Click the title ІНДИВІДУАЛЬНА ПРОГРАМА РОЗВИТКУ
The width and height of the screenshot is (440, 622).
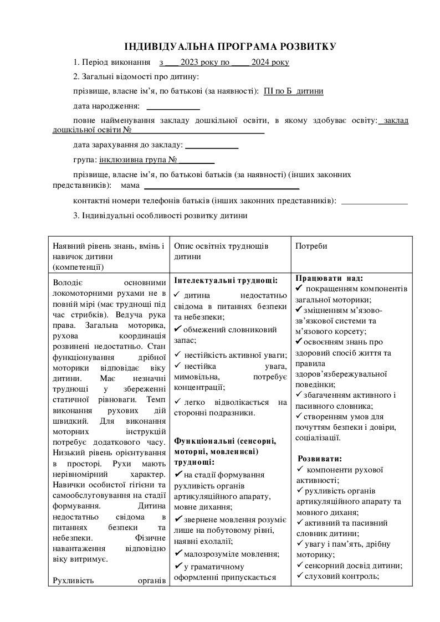pyautogui.click(x=230, y=47)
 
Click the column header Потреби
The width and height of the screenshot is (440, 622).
pyautogui.click(x=311, y=246)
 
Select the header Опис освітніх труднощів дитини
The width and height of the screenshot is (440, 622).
pyautogui.click(x=221, y=251)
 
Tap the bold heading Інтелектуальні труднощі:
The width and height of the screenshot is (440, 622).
pyautogui.click(x=226, y=281)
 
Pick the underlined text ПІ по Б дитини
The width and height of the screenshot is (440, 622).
pyautogui.click(x=294, y=91)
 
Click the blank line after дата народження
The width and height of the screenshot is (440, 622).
pyautogui.click(x=172, y=106)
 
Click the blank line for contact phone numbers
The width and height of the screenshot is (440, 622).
pyautogui.click(x=375, y=201)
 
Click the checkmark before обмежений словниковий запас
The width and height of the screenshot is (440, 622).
pyautogui.click(x=178, y=330)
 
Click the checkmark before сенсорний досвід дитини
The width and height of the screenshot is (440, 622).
pyautogui.click(x=300, y=565)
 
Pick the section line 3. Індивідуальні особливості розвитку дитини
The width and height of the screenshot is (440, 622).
pyautogui.click(x=160, y=215)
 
